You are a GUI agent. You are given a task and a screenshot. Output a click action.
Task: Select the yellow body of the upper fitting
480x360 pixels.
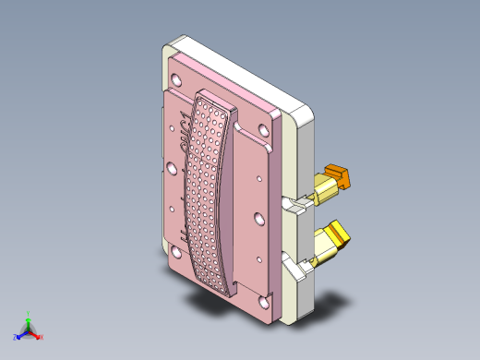click(325, 193)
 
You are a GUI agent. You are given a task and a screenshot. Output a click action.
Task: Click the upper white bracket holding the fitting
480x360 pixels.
click(297, 204)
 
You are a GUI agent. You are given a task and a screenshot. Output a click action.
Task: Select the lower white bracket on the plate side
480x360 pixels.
click(296, 271)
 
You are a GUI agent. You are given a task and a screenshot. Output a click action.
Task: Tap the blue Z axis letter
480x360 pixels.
click(16, 338)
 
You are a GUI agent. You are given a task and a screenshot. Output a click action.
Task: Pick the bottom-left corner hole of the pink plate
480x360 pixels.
click(174, 251)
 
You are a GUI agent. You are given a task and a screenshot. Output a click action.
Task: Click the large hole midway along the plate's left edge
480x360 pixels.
click(171, 168)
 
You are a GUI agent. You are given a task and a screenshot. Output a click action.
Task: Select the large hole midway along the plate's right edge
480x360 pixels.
click(261, 220)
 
